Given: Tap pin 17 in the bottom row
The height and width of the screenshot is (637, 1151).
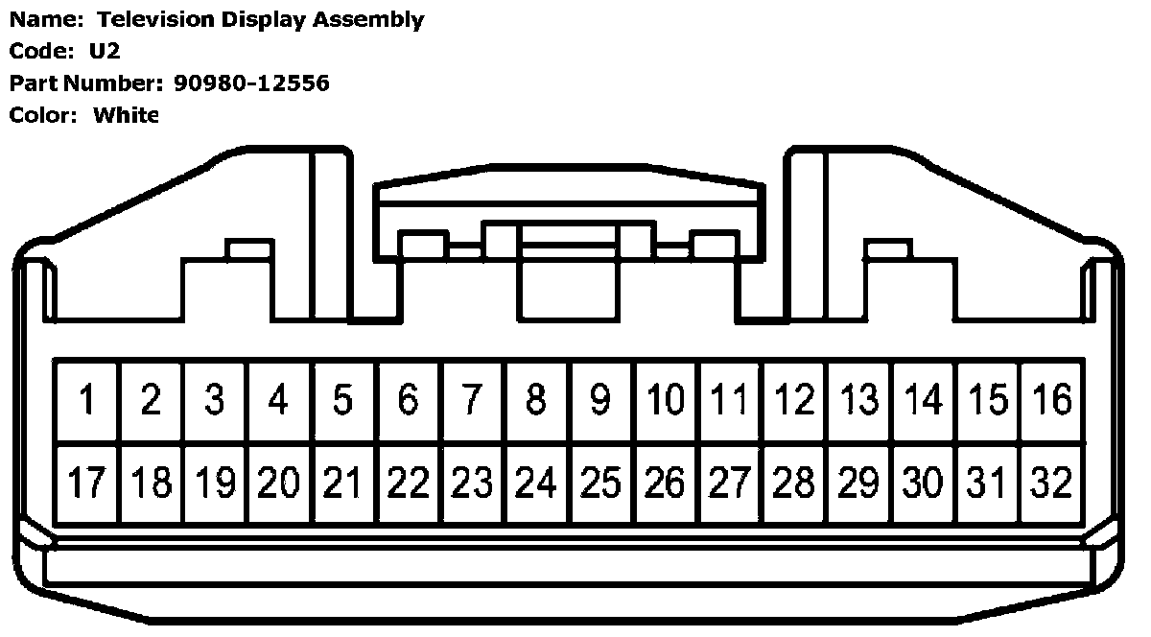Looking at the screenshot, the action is click(86, 483).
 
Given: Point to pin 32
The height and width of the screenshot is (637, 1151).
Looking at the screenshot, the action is click(1051, 483).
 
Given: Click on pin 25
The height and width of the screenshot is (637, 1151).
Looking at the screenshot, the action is click(600, 483).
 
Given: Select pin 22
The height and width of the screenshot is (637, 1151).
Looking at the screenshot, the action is click(408, 483).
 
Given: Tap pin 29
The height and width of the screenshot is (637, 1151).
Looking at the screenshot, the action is click(858, 483).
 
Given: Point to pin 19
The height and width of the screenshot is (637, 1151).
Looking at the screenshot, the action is click(215, 483).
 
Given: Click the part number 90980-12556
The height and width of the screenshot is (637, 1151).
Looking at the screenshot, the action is click(251, 83).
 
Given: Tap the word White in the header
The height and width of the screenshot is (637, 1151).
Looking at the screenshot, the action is click(126, 115).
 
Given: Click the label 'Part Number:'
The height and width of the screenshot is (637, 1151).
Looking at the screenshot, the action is click(87, 83).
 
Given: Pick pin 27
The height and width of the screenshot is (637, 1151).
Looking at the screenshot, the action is click(729, 483).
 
